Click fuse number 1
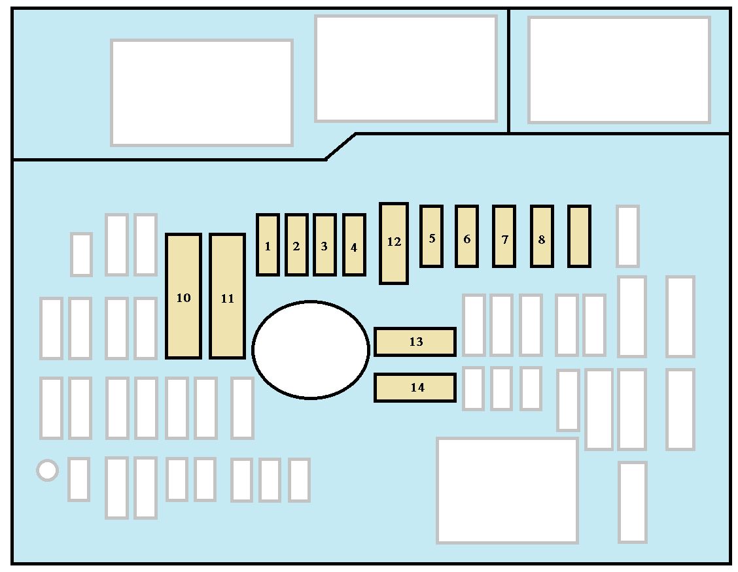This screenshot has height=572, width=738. pos(268,244)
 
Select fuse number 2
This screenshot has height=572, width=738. pos(296,244)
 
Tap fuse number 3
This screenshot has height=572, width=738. pos(325,244)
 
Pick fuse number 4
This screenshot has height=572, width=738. pos(354,244)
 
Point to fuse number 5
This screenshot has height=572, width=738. pos(431,236)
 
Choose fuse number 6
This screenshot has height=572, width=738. pos(466,236)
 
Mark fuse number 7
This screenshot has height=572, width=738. pos(504,236)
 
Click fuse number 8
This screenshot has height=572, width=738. pos(542,236)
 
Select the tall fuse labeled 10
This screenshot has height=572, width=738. pos(183,296)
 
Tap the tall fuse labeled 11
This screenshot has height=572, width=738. pos(227,296)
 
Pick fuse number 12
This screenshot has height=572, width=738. pos(394,243)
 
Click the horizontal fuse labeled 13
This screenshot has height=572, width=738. pos(415,342)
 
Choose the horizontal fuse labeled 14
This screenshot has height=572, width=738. pos(415,387)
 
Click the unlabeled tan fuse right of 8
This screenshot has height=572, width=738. pos(579,236)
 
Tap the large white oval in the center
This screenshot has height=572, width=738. pos(311,349)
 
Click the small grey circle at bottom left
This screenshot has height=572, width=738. pos(47,470)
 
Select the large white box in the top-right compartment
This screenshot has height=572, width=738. pos(619,70)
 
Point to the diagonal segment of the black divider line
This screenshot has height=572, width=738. pos(341,146)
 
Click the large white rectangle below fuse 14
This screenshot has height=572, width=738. pos(507,490)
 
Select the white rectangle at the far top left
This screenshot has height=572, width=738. pos(202,92)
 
